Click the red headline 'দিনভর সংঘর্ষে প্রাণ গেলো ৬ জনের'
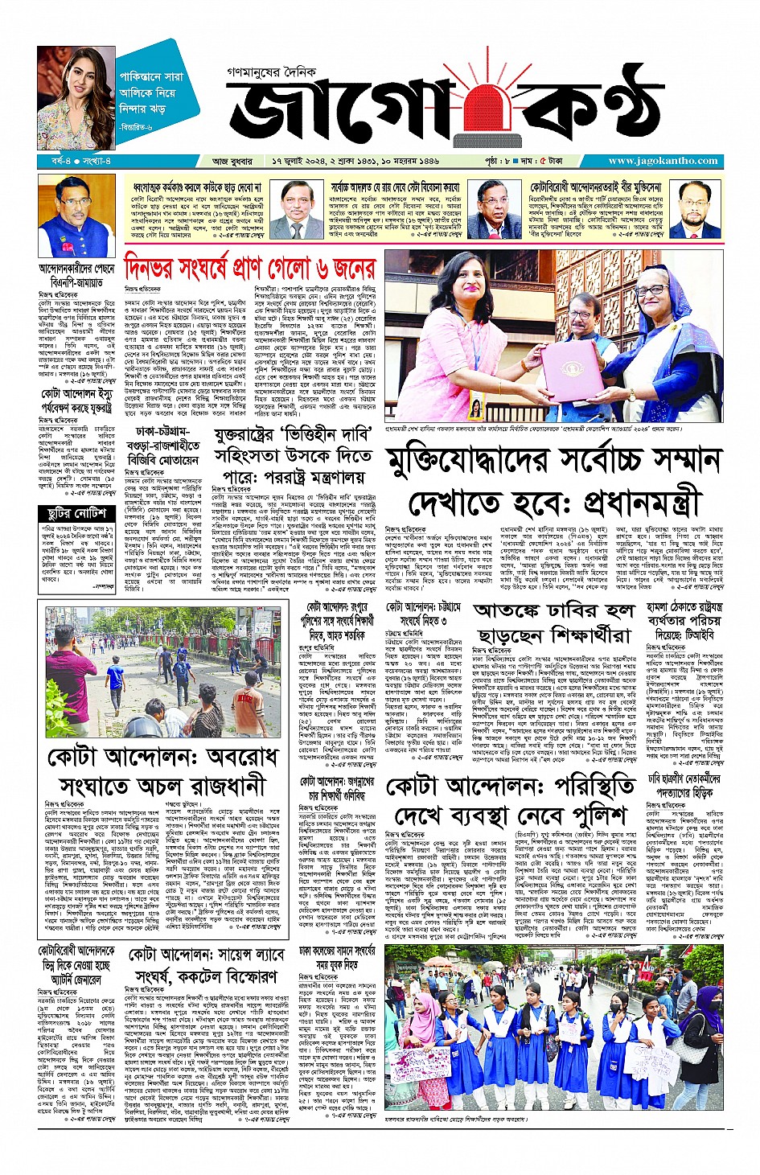[249, 266]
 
